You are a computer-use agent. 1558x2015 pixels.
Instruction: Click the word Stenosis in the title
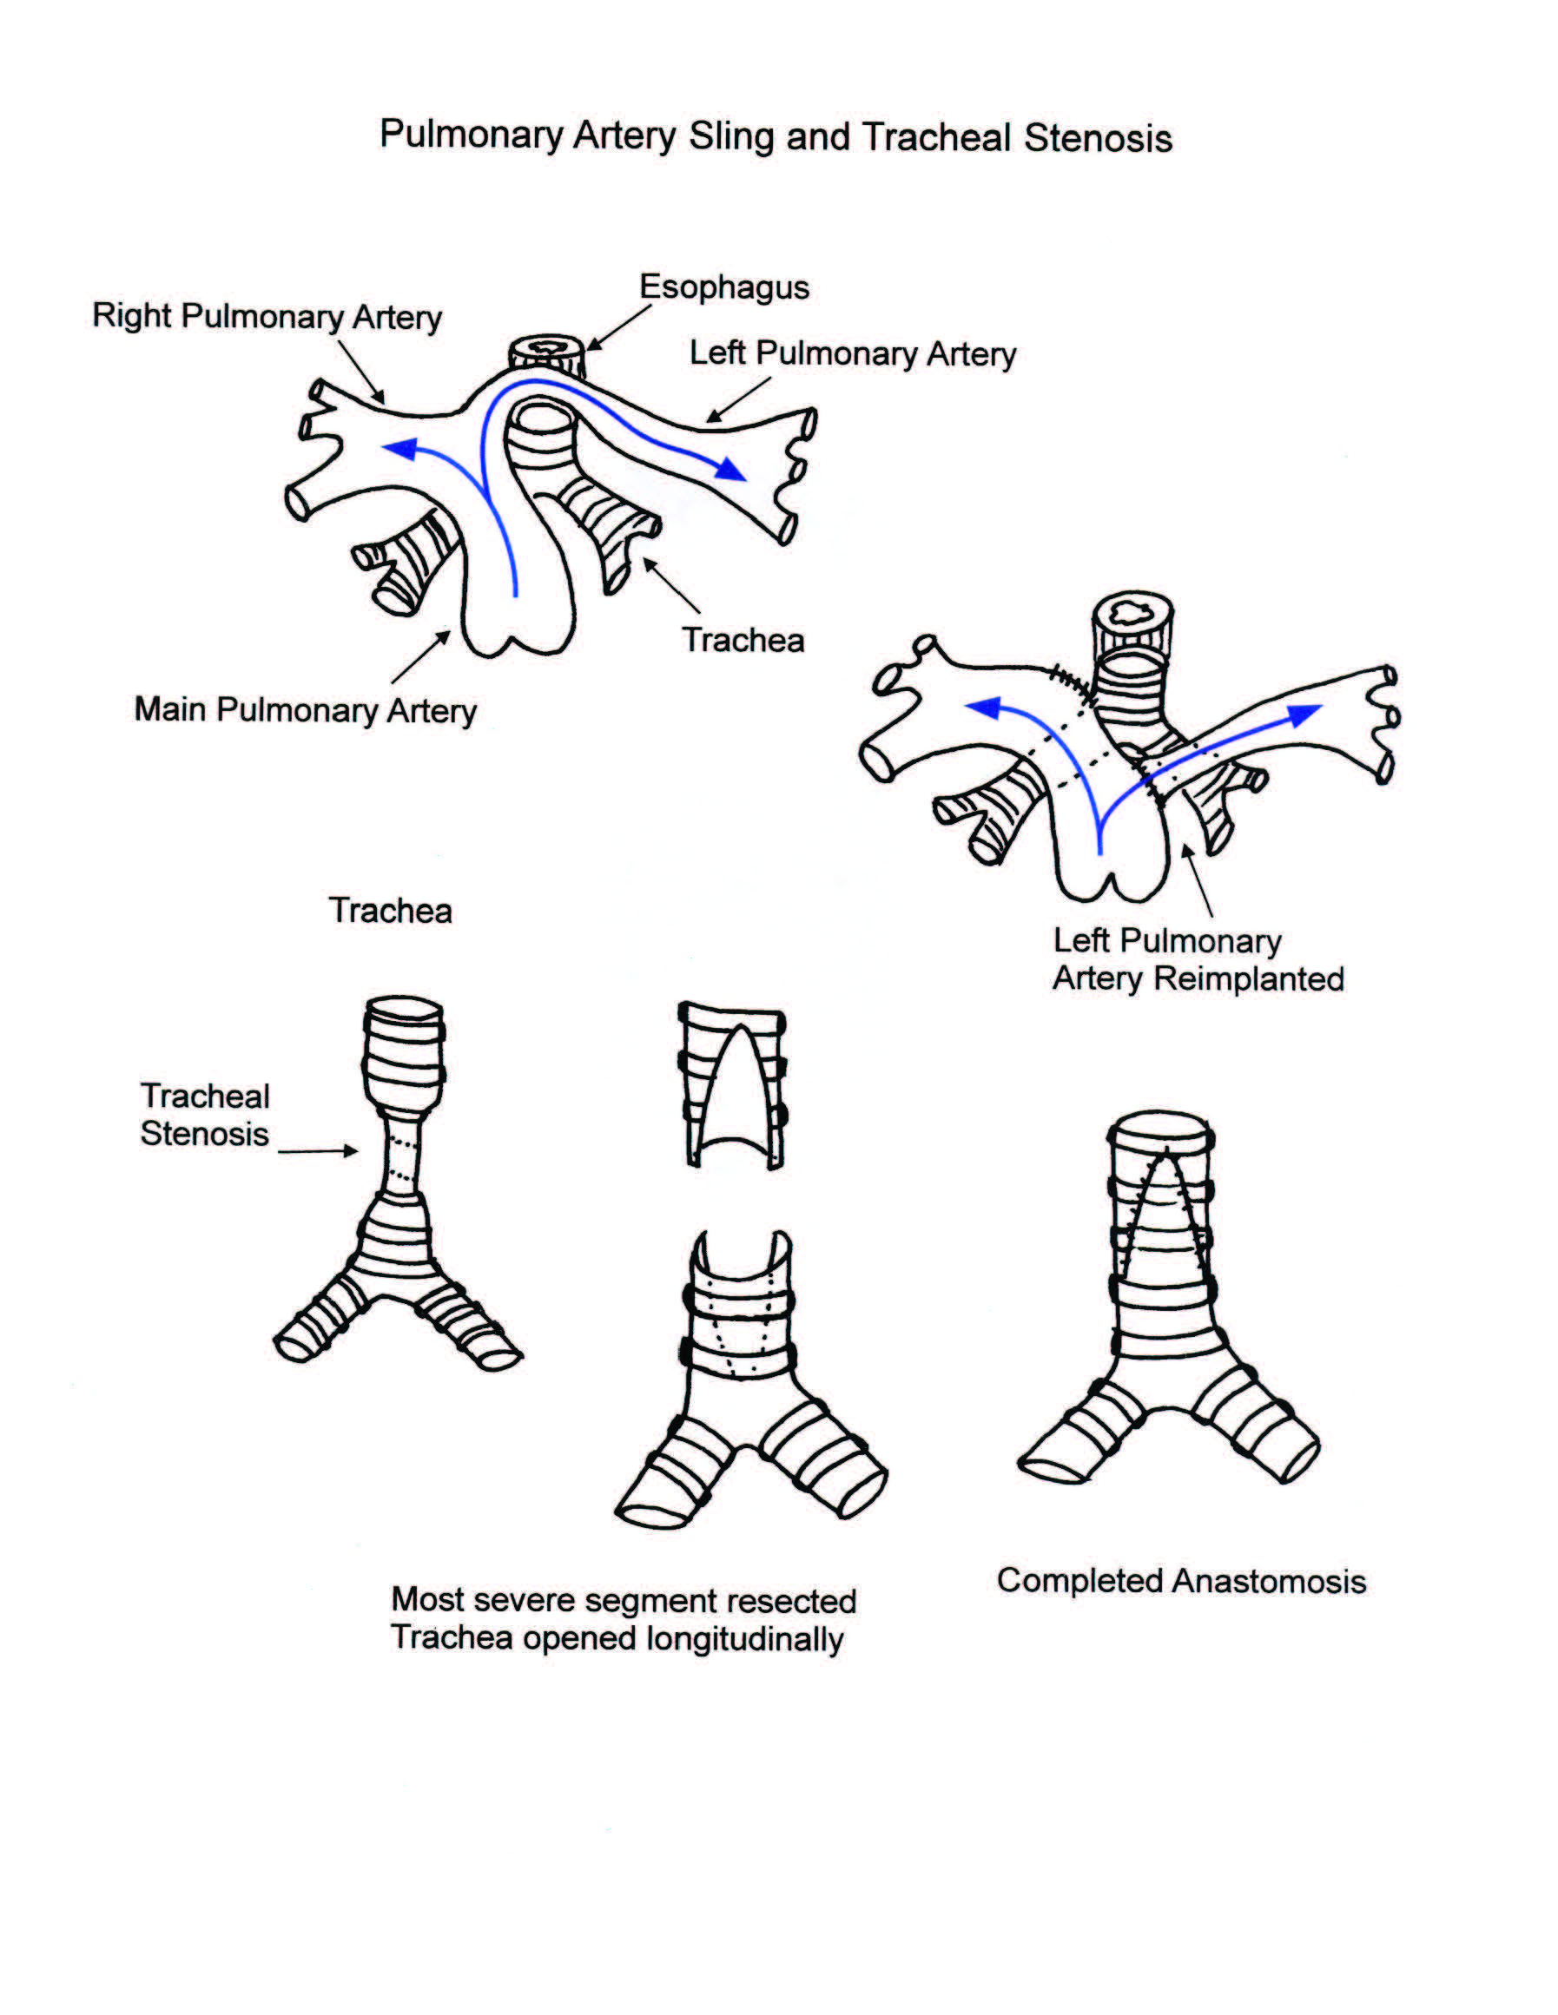tap(1098, 138)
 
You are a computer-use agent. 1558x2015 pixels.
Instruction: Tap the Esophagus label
tap(723, 287)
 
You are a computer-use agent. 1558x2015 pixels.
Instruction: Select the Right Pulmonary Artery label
tap(267, 317)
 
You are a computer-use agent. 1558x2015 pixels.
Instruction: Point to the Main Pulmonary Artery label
tap(305, 709)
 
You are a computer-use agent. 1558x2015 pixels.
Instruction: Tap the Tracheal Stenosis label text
tap(204, 1114)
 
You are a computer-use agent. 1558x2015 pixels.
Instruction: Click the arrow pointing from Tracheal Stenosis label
tap(319, 1150)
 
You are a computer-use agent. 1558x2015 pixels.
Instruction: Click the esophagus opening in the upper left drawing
tap(546, 350)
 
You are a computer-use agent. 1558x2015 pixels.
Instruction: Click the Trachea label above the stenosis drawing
tap(391, 911)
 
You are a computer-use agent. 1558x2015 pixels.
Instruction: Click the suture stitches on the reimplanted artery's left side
tap(1073, 686)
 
